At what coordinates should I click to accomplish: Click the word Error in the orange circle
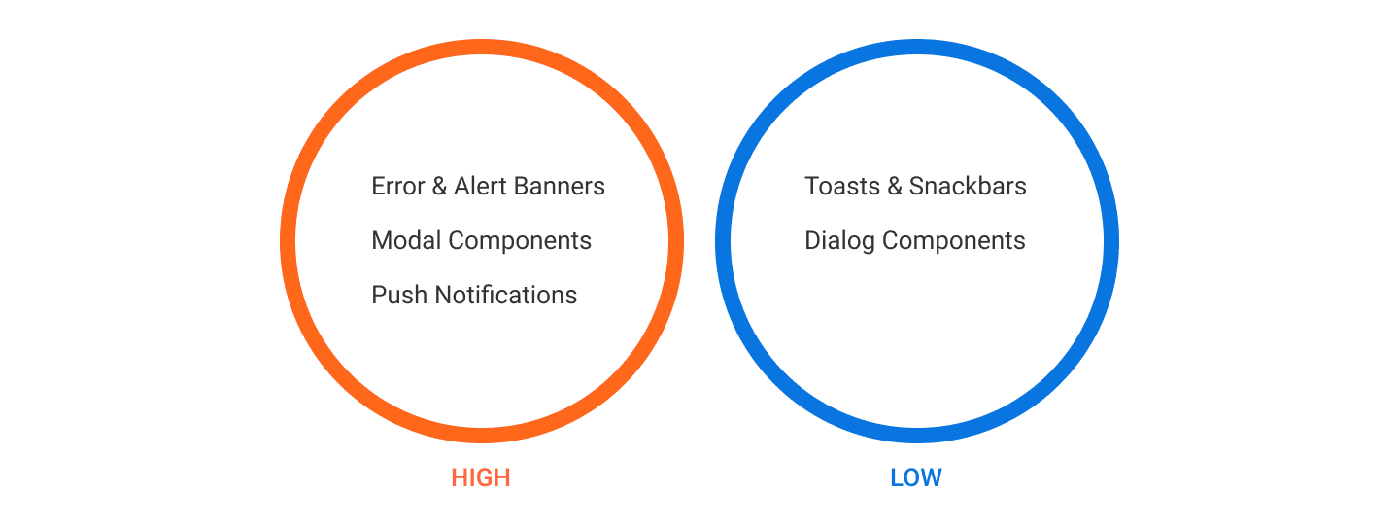398,187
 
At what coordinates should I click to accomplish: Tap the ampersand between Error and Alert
439,187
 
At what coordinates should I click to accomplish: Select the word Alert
480,187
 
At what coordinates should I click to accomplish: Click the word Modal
406,241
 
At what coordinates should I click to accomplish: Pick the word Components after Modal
520,242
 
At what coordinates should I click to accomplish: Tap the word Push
399,296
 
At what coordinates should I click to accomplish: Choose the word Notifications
506,296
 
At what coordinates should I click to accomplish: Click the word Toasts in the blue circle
842,187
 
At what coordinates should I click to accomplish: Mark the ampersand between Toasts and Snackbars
895,187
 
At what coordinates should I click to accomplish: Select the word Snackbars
968,187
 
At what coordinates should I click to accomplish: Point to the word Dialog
840,242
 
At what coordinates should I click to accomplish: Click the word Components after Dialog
954,242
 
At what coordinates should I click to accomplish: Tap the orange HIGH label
481,477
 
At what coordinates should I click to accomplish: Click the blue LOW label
916,477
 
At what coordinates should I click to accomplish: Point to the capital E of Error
378,187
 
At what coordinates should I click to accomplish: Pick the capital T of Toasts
812,187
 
